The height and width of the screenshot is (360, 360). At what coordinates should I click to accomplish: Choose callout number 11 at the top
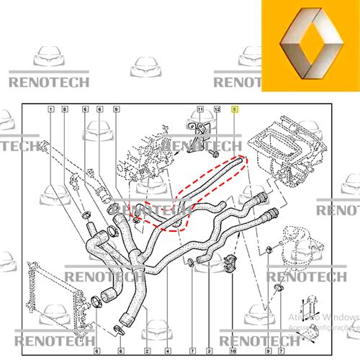(x=201, y=108)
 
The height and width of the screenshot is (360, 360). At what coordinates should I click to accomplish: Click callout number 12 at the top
(x=216, y=108)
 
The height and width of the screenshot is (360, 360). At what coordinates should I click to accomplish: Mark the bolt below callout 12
(x=215, y=154)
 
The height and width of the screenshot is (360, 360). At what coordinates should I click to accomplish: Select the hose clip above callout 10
(x=232, y=264)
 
